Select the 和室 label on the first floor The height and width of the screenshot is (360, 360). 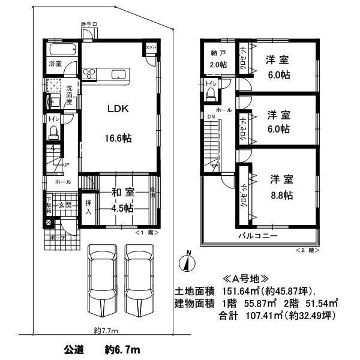122,193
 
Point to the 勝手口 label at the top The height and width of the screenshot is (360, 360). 89,24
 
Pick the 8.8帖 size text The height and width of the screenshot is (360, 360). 281,195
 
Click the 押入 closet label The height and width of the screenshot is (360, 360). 88,208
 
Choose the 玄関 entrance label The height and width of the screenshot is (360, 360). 65,205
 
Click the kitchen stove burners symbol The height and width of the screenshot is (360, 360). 89,74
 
